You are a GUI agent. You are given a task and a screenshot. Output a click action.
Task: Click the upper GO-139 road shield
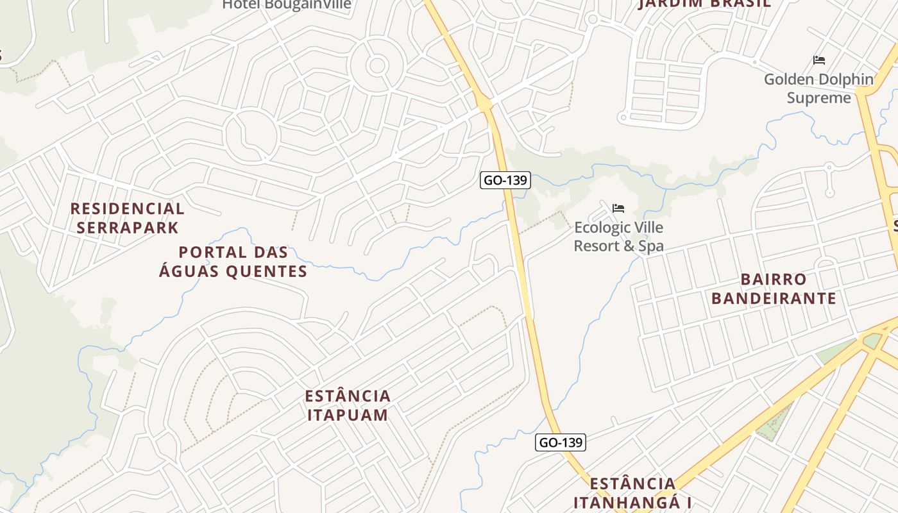click(x=505, y=180)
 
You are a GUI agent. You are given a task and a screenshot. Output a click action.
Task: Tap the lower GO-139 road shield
click(x=561, y=442)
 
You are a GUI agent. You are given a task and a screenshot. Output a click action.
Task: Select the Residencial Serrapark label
click(x=127, y=218)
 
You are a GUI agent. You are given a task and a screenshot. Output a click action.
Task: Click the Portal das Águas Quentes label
click(x=233, y=262)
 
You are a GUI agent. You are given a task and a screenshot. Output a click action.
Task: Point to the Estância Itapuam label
click(x=348, y=405)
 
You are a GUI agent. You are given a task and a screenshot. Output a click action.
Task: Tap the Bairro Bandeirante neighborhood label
click(x=774, y=289)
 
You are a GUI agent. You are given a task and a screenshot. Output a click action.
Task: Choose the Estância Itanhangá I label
click(x=632, y=492)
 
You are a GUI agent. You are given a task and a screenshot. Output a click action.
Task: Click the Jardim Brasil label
click(x=705, y=4)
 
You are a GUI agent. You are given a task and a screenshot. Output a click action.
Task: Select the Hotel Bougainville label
click(x=287, y=4)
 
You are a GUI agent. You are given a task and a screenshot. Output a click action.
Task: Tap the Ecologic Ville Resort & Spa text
click(x=618, y=237)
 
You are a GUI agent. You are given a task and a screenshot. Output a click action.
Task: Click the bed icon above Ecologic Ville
click(x=618, y=208)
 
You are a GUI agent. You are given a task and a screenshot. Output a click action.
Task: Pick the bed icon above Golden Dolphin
click(x=818, y=60)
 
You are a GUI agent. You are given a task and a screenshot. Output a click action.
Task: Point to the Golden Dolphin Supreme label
click(x=818, y=88)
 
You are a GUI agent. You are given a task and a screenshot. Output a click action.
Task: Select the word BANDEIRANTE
click(x=774, y=298)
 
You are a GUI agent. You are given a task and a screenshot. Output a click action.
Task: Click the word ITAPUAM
click(x=348, y=415)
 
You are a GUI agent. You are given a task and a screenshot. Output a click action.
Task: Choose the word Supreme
click(x=818, y=98)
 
